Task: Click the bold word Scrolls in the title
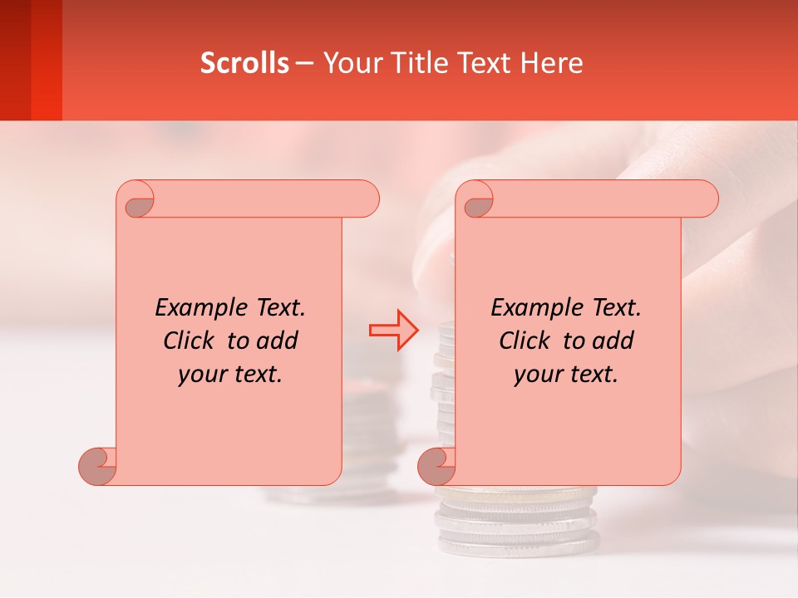coord(244,63)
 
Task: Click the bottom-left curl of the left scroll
coord(98,465)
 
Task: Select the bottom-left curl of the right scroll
coord(436,465)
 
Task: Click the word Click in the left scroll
coord(190,341)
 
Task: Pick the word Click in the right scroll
coord(525,341)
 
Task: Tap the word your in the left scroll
coord(200,375)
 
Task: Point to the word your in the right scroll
coord(536,375)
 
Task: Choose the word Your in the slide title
coord(348,63)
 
